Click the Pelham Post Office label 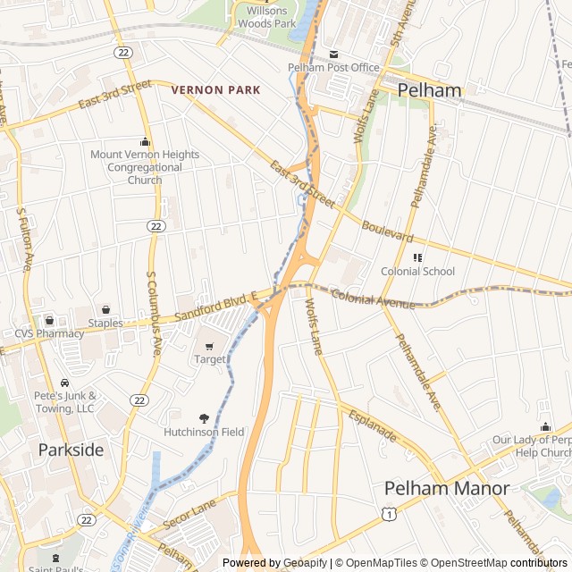pyautogui.click(x=333, y=67)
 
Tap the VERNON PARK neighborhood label pyautogui.click(x=215, y=89)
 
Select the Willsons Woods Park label pyautogui.click(x=265, y=17)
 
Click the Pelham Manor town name pyautogui.click(x=446, y=489)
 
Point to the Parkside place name pyautogui.click(x=71, y=450)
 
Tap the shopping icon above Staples pyautogui.click(x=105, y=309)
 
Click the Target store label pyautogui.click(x=210, y=358)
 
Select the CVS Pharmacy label pyautogui.click(x=49, y=333)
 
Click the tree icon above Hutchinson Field pyautogui.click(x=204, y=417)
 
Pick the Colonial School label pyautogui.click(x=417, y=271)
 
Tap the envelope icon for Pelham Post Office pyautogui.click(x=334, y=54)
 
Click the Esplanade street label pyautogui.click(x=373, y=426)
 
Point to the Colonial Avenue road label pyautogui.click(x=373, y=299)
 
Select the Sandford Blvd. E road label pyautogui.click(x=215, y=307)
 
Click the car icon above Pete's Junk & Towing pyautogui.click(x=64, y=383)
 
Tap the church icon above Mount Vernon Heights pyautogui.click(x=145, y=141)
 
